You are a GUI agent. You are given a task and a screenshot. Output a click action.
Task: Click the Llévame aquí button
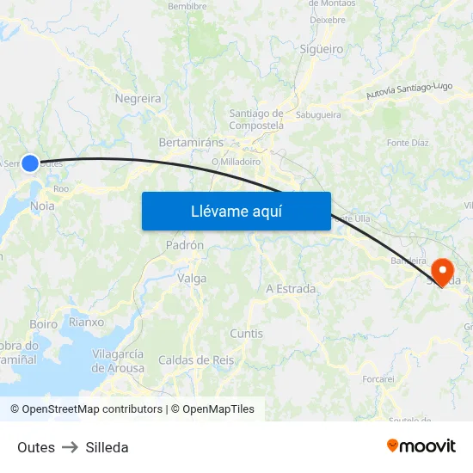pyautogui.click(x=236, y=211)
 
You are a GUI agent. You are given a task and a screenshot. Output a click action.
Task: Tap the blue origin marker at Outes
pyautogui.click(x=30, y=163)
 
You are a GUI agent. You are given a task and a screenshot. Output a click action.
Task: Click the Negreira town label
pyautogui.click(x=138, y=99)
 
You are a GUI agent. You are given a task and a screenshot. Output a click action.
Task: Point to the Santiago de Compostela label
pyautogui.click(x=256, y=119)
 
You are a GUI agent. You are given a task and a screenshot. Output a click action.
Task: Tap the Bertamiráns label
pyautogui.click(x=191, y=142)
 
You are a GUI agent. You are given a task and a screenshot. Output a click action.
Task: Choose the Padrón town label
pyautogui.click(x=185, y=244)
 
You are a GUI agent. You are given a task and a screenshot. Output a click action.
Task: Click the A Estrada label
pyautogui.click(x=291, y=289)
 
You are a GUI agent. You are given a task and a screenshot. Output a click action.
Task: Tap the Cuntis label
pyautogui.click(x=247, y=334)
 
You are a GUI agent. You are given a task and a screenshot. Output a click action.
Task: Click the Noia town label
pyautogui.click(x=42, y=206)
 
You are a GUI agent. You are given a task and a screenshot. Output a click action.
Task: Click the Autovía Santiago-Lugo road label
pyautogui.click(x=408, y=90)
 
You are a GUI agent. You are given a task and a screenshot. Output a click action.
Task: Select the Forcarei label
pyautogui.click(x=378, y=378)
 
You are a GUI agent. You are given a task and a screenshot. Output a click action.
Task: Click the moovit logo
pyautogui.click(x=421, y=445)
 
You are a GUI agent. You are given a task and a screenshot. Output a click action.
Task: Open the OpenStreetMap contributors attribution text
pyautogui.click(x=86, y=409)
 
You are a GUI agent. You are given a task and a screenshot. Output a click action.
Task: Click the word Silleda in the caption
pyautogui.click(x=107, y=447)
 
